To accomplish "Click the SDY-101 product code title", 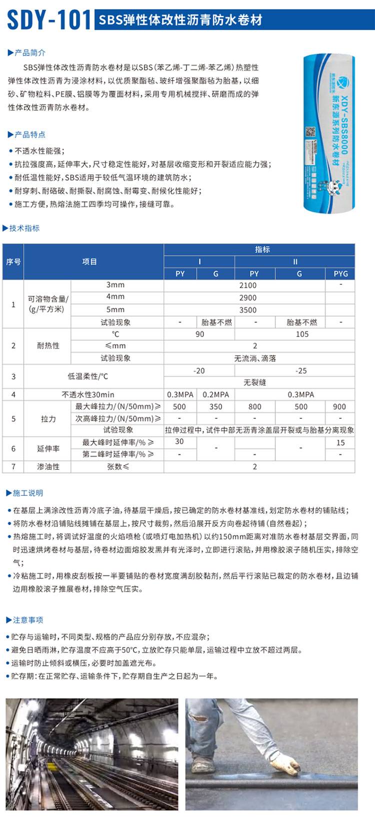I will [x=48, y=20].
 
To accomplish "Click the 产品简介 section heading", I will [x=29, y=53].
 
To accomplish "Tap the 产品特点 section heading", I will [x=29, y=134].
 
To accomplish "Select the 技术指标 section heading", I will [x=24, y=228].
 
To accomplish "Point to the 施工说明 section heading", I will [x=27, y=493].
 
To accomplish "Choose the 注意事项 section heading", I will [x=27, y=620].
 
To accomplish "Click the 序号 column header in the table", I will [x=13, y=262].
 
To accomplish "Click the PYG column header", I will [x=340, y=274].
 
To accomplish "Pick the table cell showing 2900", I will [x=247, y=297].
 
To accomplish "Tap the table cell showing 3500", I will [x=247, y=310].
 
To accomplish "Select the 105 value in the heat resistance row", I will [x=302, y=334].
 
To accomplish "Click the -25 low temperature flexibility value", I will [x=300, y=371].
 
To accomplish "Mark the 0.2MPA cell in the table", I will [x=215, y=394].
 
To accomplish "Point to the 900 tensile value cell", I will [x=339, y=407].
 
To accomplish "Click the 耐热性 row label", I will [x=48, y=346].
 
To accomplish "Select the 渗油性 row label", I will [x=48, y=466].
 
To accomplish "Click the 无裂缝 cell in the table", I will [x=254, y=382].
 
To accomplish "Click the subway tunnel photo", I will [x=92, y=754].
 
